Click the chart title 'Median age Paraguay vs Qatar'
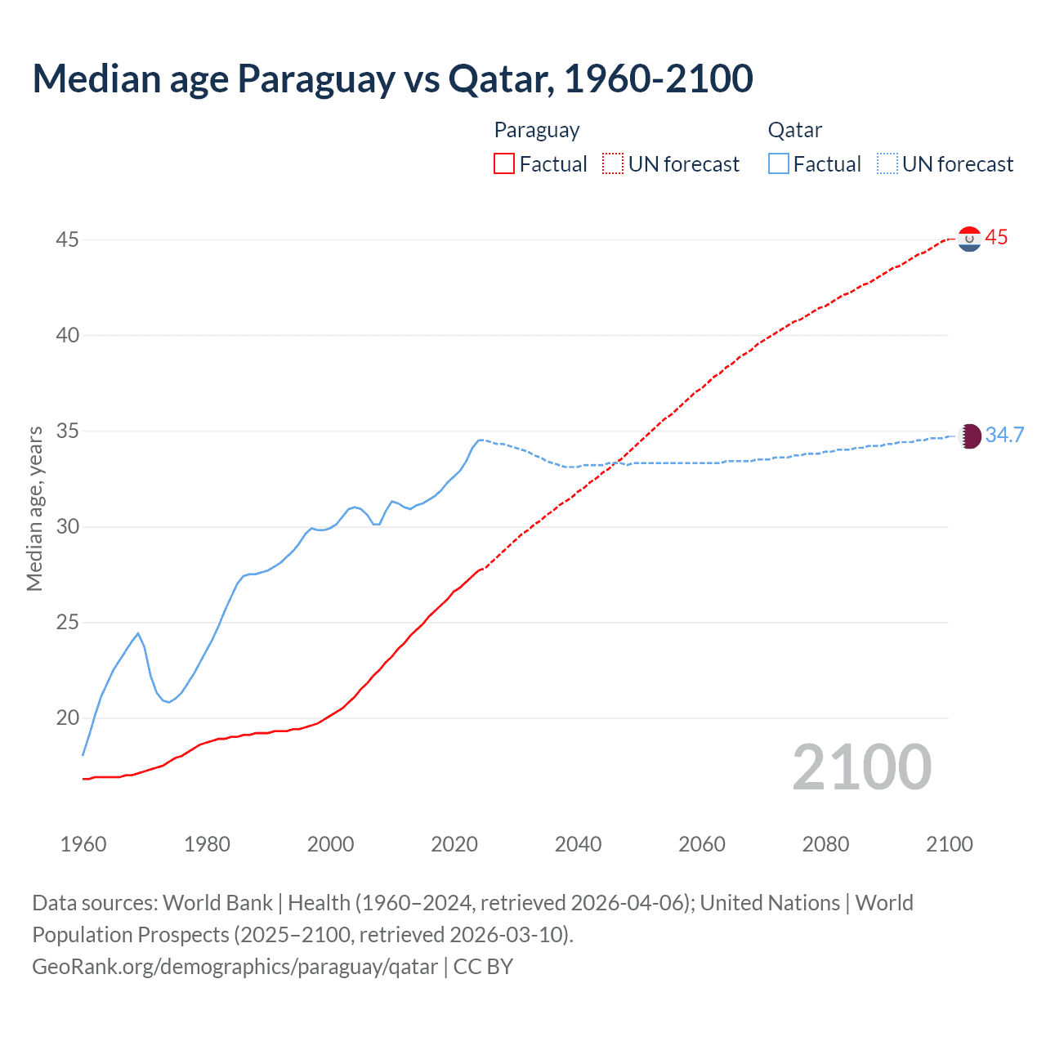tap(392, 78)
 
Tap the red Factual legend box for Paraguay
tap(504, 163)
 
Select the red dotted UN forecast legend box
tap(613, 163)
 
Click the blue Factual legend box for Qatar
tap(779, 163)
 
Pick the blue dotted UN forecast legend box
tap(887, 163)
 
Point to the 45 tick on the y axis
tap(68, 239)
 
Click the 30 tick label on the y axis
tap(68, 526)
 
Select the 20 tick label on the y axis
tap(68, 718)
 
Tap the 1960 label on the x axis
tap(83, 844)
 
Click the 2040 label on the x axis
tap(578, 844)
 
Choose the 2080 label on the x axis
tap(825, 844)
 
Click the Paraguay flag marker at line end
tap(969, 239)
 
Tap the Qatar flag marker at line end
tap(969, 436)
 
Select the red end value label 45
tap(996, 238)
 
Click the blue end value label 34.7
tap(1004, 435)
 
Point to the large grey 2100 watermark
tap(861, 767)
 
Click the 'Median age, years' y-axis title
tap(34, 508)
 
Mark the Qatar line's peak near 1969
tap(138, 633)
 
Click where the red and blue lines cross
tap(615, 463)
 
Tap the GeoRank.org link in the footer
tap(235, 967)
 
